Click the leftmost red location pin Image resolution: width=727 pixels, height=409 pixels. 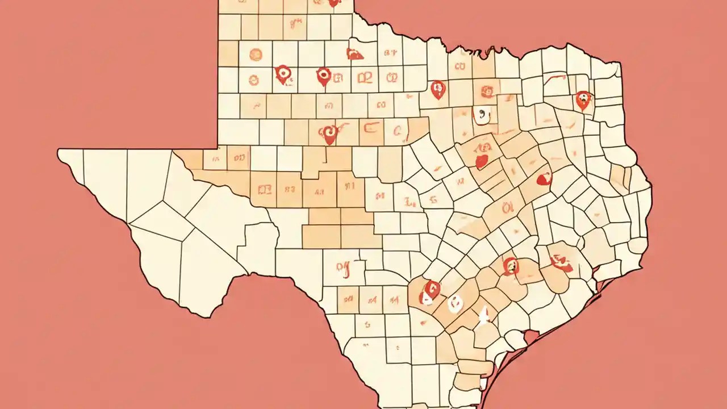[x=282, y=74]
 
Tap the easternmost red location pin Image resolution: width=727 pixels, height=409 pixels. [x=583, y=99]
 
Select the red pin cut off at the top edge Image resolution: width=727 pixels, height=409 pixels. [x=334, y=3]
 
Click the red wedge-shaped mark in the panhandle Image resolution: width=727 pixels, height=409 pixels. [x=355, y=54]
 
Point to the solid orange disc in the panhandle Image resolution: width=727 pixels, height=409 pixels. [x=256, y=55]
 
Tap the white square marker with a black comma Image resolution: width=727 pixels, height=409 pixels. [x=481, y=115]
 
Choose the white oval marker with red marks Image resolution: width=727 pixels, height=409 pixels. [x=454, y=304]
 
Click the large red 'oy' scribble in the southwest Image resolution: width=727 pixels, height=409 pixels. [x=342, y=268]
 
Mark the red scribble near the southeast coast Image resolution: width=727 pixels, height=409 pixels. [x=561, y=262]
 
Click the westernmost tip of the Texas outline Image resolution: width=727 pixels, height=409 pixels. [x=58, y=151]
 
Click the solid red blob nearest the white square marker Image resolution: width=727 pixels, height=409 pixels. [x=482, y=161]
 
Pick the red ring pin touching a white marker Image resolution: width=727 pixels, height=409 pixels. [x=432, y=290]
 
